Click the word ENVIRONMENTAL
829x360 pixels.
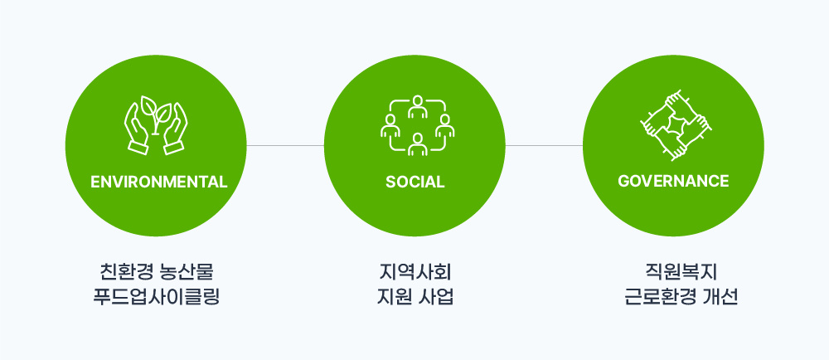158,182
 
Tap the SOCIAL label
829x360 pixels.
414,182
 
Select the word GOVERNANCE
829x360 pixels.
673,182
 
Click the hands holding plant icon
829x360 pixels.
156,125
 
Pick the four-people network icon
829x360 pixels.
417,125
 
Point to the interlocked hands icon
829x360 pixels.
676,125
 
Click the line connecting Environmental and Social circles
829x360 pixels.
285,145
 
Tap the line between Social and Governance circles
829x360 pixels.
544,145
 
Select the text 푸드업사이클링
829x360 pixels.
156,297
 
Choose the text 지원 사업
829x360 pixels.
415,297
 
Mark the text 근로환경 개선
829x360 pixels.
681,297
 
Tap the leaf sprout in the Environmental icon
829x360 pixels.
156,113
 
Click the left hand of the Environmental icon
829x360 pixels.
137,129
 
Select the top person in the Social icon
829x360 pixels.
418,106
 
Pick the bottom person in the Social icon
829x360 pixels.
418,144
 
